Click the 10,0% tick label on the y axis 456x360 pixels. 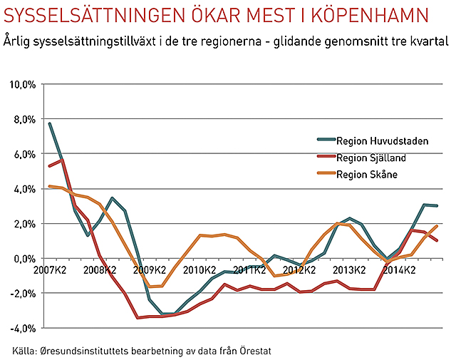(x=23, y=84)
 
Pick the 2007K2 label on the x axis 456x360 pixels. (x=49, y=270)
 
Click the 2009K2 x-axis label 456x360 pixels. (x=150, y=270)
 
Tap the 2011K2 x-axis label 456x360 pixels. (x=249, y=270)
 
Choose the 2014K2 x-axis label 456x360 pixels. (x=400, y=270)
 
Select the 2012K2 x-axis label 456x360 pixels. (x=300, y=270)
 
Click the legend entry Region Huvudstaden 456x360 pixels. (x=382, y=140)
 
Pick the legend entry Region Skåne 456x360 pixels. (x=367, y=175)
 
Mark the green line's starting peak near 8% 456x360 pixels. (x=49, y=123)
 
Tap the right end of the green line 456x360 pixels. (x=437, y=206)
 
